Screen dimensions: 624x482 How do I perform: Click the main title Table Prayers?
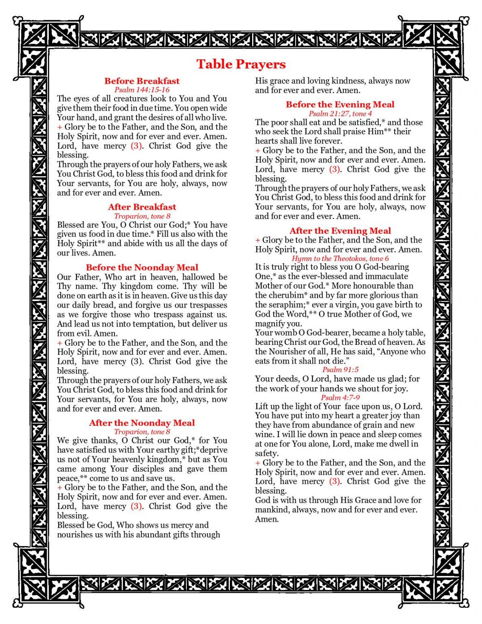click(241, 64)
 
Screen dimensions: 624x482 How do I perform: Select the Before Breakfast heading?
click(142, 81)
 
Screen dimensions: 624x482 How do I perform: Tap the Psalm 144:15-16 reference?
click(142, 90)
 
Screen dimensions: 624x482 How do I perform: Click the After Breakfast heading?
click(142, 207)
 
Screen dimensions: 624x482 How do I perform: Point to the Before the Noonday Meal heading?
click(142, 267)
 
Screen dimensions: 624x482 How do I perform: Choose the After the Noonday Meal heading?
click(142, 422)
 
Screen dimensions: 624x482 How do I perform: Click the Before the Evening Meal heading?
click(340, 104)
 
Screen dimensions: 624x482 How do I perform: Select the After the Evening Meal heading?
click(340, 231)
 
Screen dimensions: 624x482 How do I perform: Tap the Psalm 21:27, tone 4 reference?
click(340, 113)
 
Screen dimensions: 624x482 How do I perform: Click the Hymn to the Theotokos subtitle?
click(340, 258)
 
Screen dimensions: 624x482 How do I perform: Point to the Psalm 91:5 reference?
click(340, 370)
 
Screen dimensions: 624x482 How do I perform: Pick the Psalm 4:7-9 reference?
click(340, 397)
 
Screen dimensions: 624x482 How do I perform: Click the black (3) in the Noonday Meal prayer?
click(136, 362)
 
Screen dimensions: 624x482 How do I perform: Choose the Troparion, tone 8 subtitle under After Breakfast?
click(142, 216)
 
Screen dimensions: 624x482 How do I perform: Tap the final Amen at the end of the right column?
click(266, 519)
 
